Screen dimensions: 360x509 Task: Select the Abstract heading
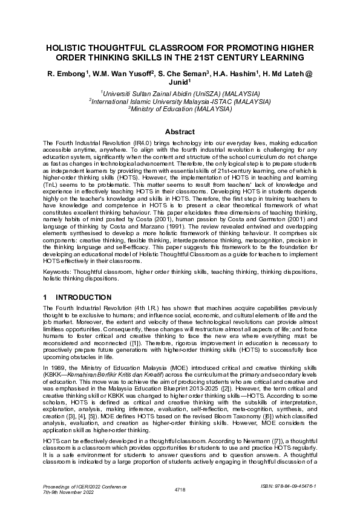(180, 132)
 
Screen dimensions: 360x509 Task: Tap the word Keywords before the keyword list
(56, 271)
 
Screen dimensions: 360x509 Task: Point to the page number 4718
(180, 488)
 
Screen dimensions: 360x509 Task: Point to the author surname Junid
(179, 83)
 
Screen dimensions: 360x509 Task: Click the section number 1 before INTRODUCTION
(45, 297)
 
